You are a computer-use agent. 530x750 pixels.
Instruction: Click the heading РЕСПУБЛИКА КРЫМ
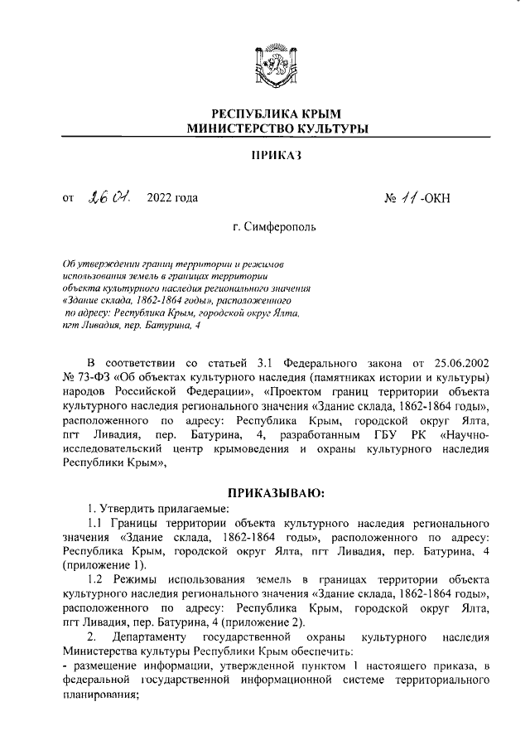point(277,114)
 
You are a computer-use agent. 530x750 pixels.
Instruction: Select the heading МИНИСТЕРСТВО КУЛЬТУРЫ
point(277,128)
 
